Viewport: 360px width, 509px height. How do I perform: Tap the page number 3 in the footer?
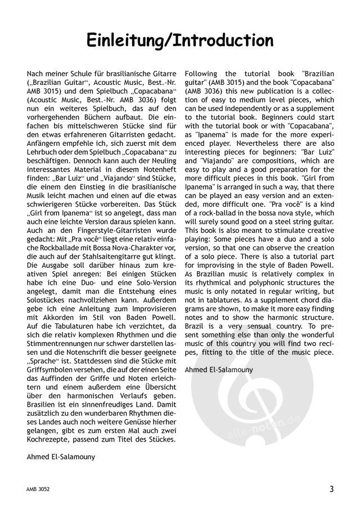point(332,489)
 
